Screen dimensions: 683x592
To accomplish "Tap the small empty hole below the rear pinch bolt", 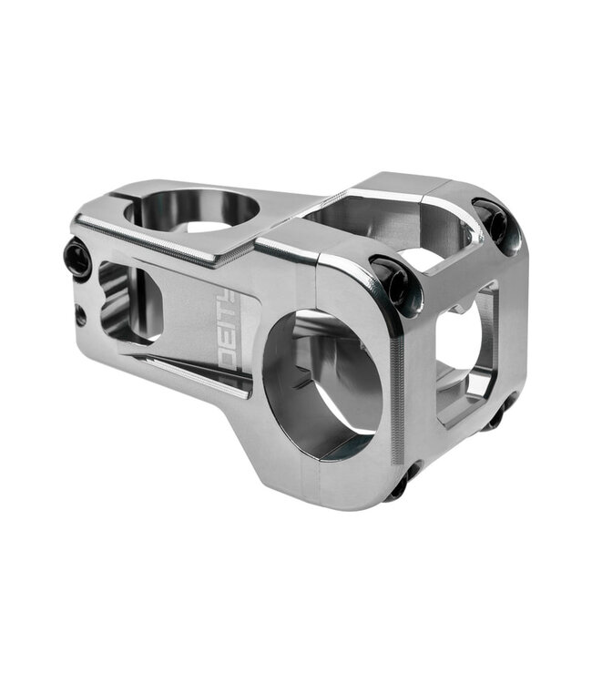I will [81, 316].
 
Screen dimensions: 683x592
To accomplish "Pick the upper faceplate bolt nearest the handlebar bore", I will [393, 280].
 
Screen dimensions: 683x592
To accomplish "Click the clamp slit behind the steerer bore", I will [108, 195].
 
